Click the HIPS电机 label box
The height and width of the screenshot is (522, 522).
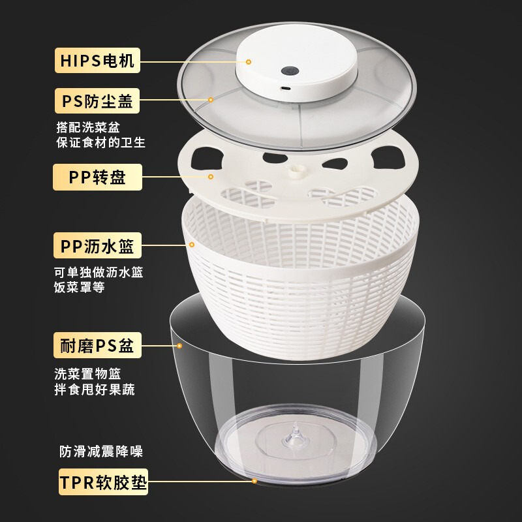pyautogui.click(x=97, y=61)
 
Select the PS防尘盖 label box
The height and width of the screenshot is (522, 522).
pyautogui.click(x=97, y=101)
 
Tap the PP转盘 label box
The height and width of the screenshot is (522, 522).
pyautogui.click(x=97, y=177)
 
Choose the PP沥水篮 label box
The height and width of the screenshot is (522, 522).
pyautogui.click(x=97, y=247)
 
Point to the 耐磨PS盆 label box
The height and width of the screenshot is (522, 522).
pyautogui.click(x=97, y=346)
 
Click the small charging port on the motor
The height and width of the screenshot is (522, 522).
pyautogui.click(x=286, y=88)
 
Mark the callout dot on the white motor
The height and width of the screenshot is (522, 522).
pyautogui.click(x=249, y=61)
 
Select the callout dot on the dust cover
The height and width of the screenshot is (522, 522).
pyautogui.click(x=211, y=100)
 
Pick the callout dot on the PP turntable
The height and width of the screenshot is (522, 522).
pyautogui.click(x=211, y=177)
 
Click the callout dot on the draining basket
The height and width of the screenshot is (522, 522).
pyautogui.click(x=192, y=245)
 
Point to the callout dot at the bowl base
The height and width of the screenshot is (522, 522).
pyautogui.click(x=254, y=482)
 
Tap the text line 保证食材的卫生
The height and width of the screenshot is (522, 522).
pyautogui.click(x=100, y=142)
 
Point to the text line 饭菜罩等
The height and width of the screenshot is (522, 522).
pyautogui.click(x=79, y=288)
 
